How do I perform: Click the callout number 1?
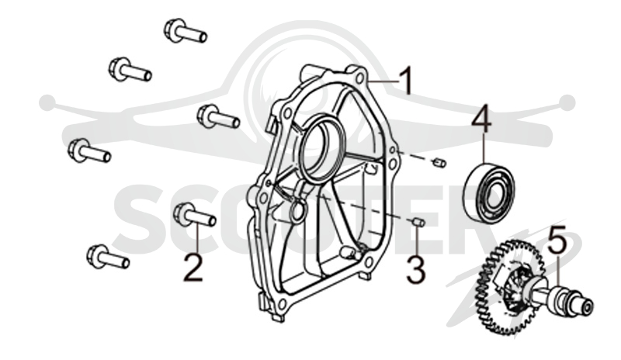pyautogui.click(x=405, y=81)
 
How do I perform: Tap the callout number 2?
pyautogui.click(x=193, y=268)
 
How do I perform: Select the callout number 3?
pyautogui.click(x=416, y=269)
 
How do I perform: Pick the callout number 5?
pyautogui.click(x=560, y=240)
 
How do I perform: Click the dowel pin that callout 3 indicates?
pyautogui.click(x=419, y=222)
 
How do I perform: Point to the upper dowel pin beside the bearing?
pyautogui.click(x=440, y=162)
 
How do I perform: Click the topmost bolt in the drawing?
pyautogui.click(x=185, y=30)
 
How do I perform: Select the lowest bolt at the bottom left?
pyautogui.click(x=108, y=256)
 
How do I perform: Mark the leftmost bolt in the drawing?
pyautogui.click(x=89, y=151)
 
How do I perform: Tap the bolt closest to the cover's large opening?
pyautogui.click(x=218, y=116)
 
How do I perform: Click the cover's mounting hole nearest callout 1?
pyautogui.click(x=360, y=79)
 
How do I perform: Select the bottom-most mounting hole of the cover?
pyautogui.click(x=282, y=304)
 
